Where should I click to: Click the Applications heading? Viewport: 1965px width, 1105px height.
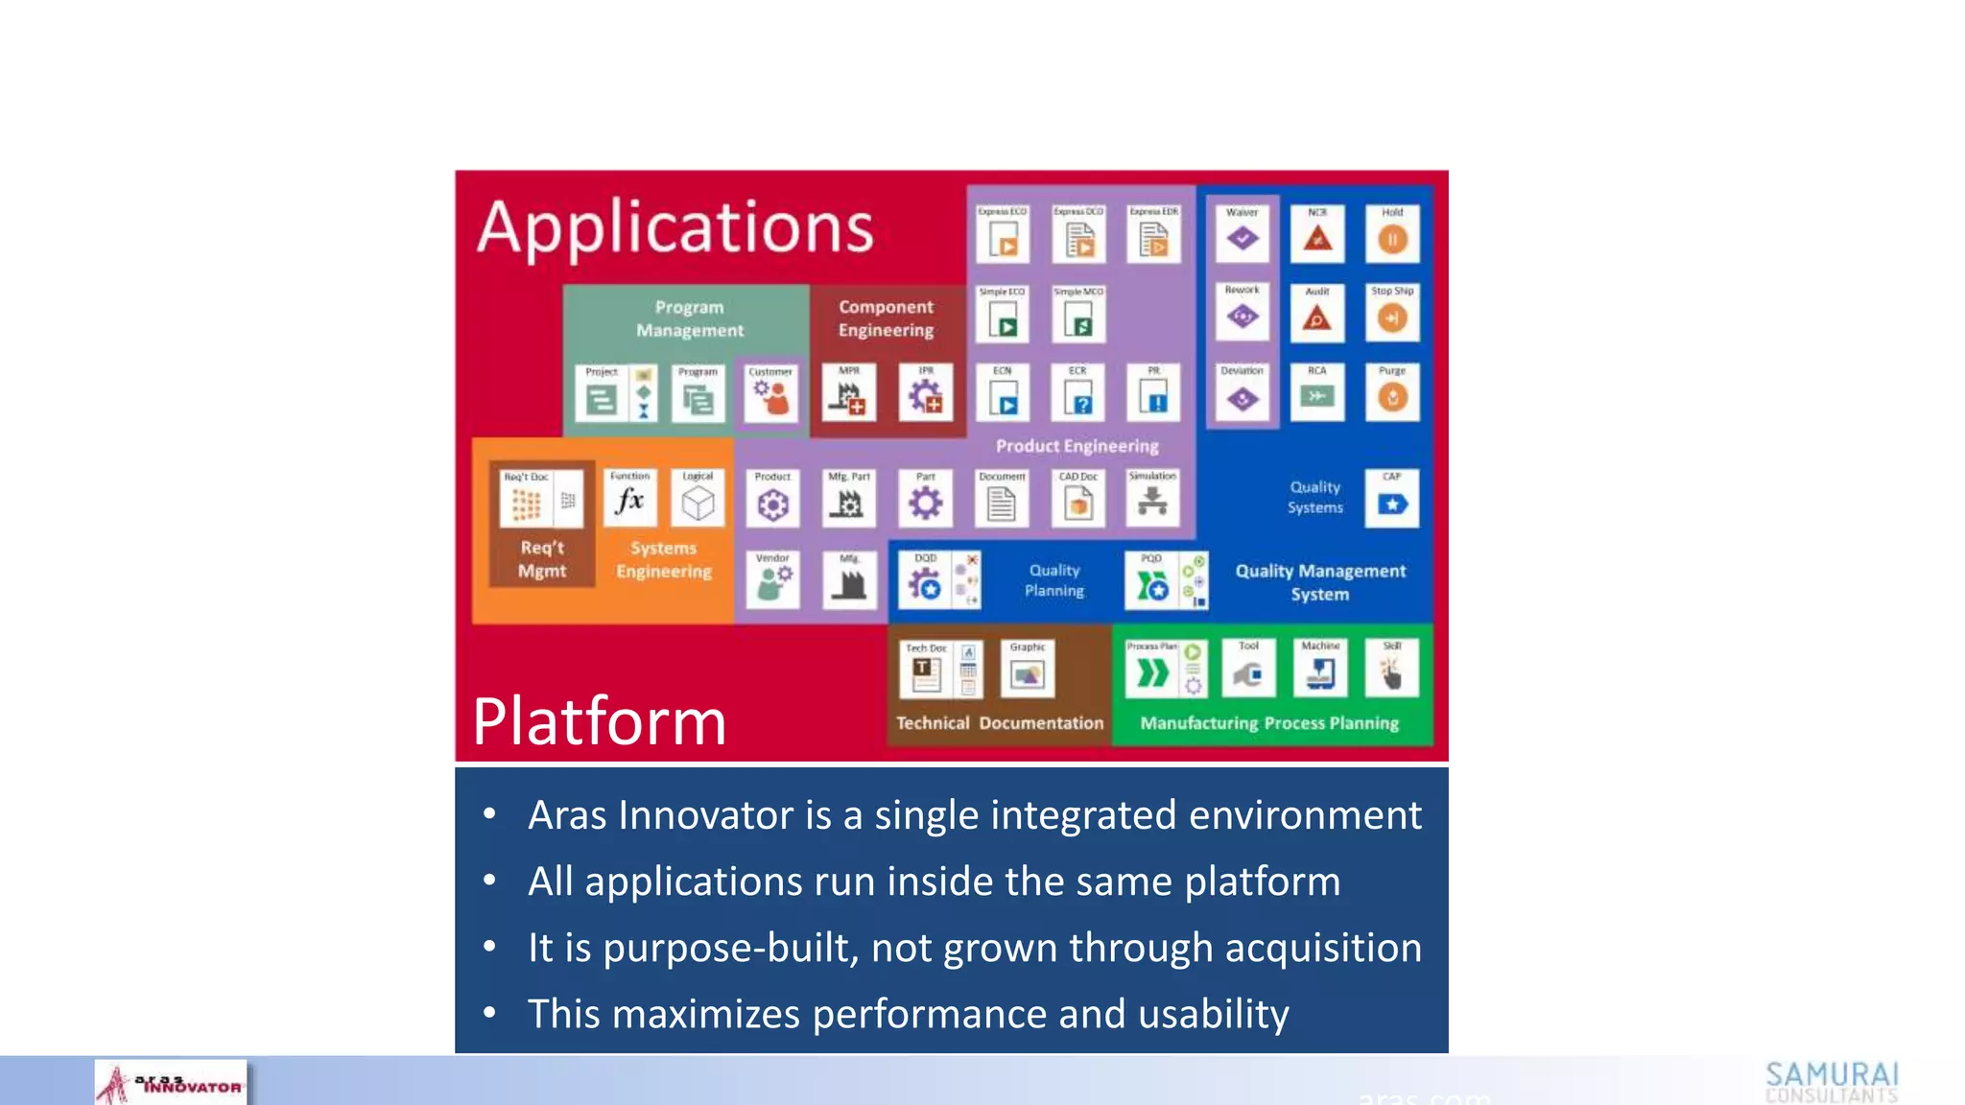tap(675, 228)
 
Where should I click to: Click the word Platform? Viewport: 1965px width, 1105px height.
tap(600, 720)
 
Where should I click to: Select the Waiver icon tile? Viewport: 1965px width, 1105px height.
tap(1242, 235)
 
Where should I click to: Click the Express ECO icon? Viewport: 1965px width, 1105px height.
tap(1003, 237)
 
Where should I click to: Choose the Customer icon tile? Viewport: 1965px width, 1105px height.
tap(770, 394)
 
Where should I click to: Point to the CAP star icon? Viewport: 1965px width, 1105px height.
tap(1392, 501)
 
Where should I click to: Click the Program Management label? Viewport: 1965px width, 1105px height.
tap(689, 318)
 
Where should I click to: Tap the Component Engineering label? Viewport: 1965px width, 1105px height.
tap(886, 318)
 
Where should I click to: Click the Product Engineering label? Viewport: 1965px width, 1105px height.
tap(1077, 446)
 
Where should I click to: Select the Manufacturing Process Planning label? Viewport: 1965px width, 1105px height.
tap(1268, 723)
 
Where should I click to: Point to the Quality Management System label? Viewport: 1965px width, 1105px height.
tap(1319, 582)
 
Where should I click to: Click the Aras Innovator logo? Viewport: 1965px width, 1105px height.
tap(171, 1084)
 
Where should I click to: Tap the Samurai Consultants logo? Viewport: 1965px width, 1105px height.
tap(1832, 1082)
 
